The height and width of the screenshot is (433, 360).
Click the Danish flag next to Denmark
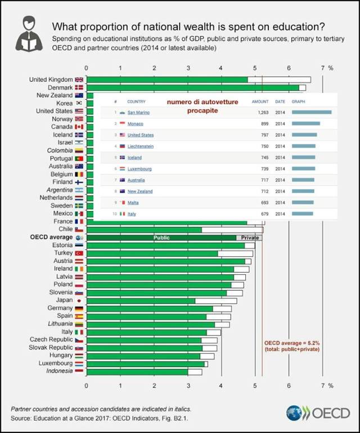[79, 88]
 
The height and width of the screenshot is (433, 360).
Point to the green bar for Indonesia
[137, 372]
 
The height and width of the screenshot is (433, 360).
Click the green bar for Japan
[141, 301]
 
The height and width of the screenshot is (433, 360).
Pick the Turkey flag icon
[79, 253]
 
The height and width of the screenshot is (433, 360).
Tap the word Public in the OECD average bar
[161, 238]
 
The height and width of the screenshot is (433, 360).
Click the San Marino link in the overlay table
[138, 113]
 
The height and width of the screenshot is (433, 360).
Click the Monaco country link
[136, 123]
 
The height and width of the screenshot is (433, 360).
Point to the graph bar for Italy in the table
[302, 214]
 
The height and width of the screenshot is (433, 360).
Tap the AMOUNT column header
[260, 102]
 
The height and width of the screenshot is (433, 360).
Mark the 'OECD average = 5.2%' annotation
[291, 342]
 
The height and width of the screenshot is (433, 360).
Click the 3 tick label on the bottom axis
[187, 386]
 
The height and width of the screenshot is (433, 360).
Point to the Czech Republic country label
[51, 340]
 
